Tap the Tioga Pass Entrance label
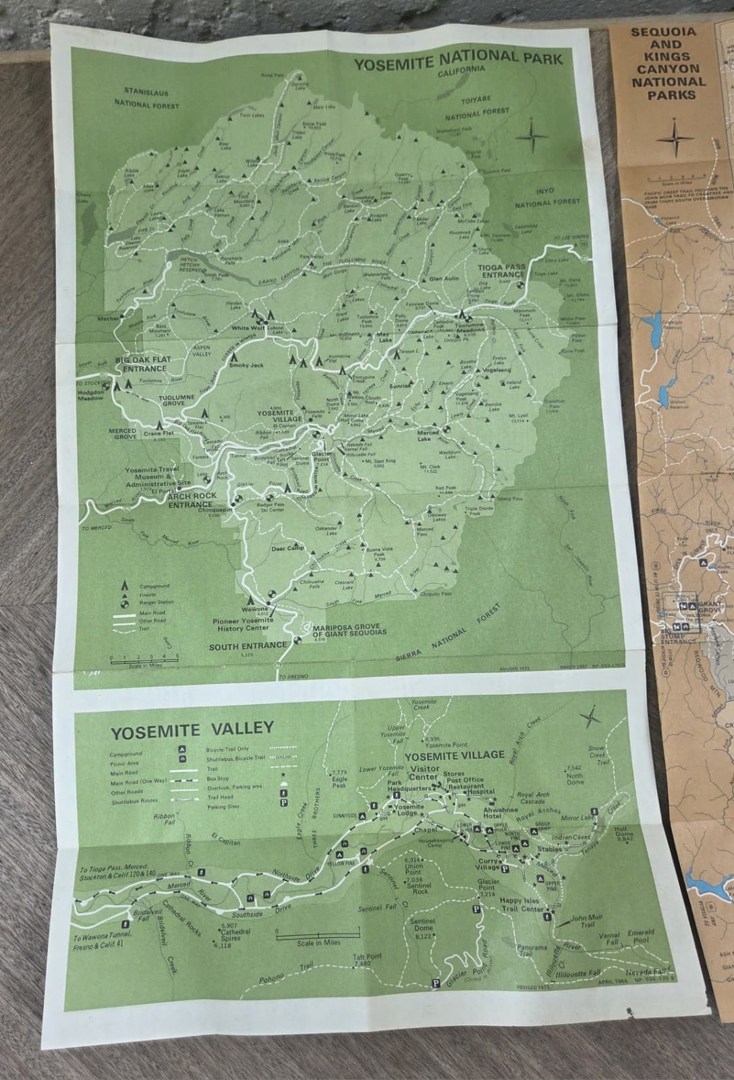[x=501, y=271]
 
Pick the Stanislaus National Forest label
[x=146, y=99]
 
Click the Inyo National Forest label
[x=547, y=196]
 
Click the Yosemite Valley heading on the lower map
[x=192, y=729]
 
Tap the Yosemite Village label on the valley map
[x=463, y=755]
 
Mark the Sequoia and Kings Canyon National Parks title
[x=668, y=63]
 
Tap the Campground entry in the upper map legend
[x=154, y=587]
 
